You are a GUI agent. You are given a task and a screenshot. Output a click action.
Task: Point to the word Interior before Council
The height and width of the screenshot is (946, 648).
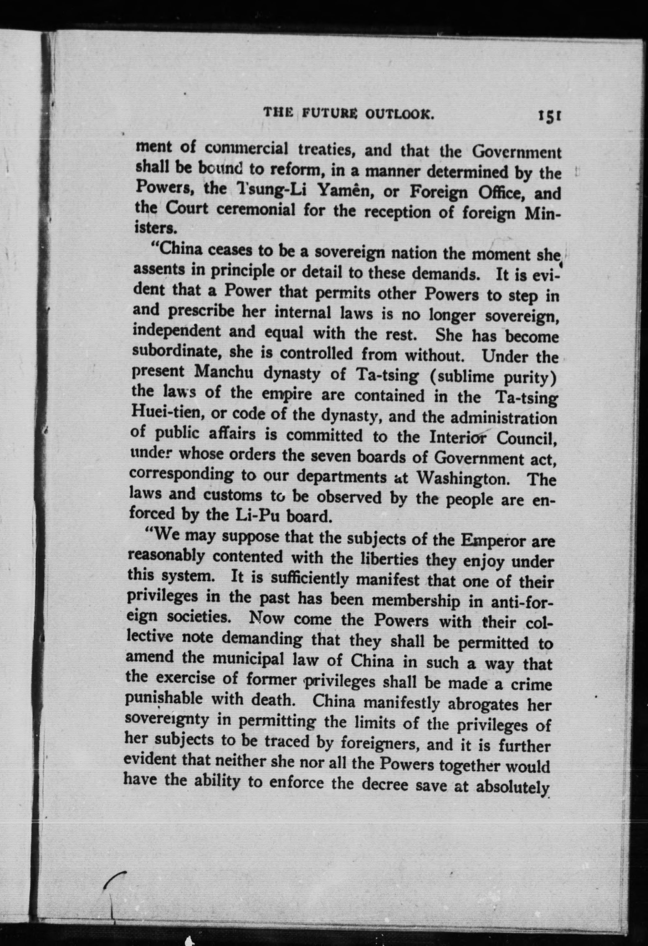[456, 437]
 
